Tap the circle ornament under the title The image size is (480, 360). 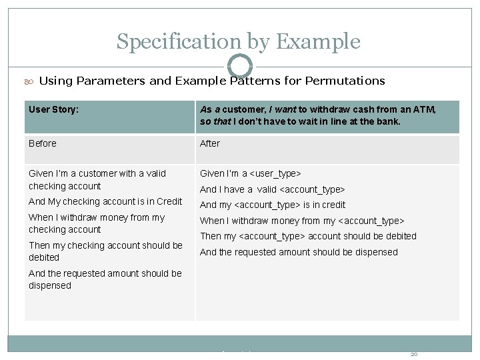pos(239,66)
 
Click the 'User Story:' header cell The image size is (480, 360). pos(54,109)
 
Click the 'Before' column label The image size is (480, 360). pos(43,143)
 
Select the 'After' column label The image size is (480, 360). pos(209,143)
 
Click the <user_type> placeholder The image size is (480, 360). pos(275,173)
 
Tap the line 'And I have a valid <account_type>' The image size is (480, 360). pos(272,189)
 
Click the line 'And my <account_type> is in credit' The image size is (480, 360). pos(272,205)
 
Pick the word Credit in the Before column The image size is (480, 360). pos(169,201)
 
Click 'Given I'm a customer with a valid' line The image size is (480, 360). pos(97,173)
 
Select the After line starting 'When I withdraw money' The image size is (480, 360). pos(302,221)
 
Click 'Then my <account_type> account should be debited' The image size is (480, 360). pos(308,236)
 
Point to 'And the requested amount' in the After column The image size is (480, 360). pos(299,252)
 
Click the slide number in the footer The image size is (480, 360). pos(413,353)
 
